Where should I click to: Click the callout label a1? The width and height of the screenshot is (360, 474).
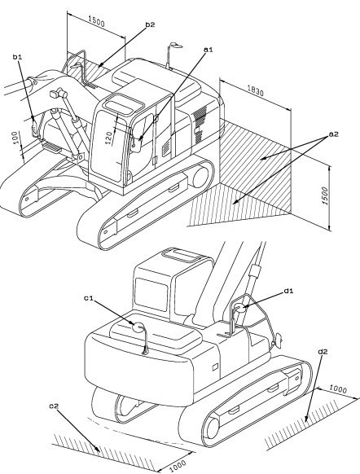tap(209, 50)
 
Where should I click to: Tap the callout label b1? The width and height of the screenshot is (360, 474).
tap(17, 56)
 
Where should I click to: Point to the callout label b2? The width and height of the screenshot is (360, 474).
tap(150, 24)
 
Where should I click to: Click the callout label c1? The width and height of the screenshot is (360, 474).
tap(89, 298)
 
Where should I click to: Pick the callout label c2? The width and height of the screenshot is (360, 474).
tap(54, 406)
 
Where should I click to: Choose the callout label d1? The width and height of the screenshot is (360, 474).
tap(288, 291)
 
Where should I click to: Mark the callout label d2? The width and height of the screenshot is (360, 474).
tap(323, 352)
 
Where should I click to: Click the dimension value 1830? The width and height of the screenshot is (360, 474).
tap(256, 90)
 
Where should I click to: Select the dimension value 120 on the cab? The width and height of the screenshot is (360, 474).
tap(109, 136)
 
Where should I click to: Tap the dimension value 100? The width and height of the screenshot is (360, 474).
tap(15, 138)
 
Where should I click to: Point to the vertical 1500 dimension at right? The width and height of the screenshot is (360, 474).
tap(325, 196)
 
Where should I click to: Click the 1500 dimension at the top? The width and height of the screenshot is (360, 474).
tap(97, 22)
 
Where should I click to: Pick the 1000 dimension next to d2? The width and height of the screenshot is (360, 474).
tap(337, 388)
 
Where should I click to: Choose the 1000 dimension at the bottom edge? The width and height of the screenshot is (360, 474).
tap(178, 466)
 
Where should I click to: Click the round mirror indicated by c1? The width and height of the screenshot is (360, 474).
tap(139, 327)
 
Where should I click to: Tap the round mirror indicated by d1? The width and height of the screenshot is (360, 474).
tap(239, 308)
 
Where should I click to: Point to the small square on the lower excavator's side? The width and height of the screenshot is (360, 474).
tap(215, 367)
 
